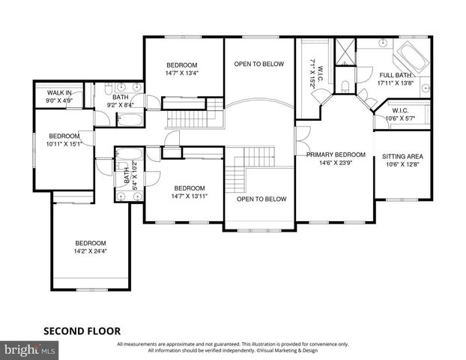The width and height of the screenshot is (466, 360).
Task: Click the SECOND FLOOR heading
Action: click(x=80, y=330)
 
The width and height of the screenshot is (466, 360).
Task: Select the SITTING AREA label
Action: click(x=402, y=157)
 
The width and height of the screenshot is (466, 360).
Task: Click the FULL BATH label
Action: click(x=394, y=75)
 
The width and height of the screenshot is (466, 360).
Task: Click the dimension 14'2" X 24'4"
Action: click(x=90, y=251)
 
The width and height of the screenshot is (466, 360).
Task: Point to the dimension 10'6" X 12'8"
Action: click(x=402, y=165)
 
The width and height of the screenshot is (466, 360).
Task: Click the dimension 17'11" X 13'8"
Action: click(x=394, y=83)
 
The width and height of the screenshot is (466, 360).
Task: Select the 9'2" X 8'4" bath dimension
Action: click(x=120, y=105)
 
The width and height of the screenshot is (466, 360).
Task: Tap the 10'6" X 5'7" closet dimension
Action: click(x=399, y=118)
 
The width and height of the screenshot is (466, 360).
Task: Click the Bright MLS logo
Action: click(x=30, y=349)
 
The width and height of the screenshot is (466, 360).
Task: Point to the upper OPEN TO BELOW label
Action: click(x=259, y=64)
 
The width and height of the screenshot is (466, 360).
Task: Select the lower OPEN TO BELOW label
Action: click(x=261, y=199)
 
